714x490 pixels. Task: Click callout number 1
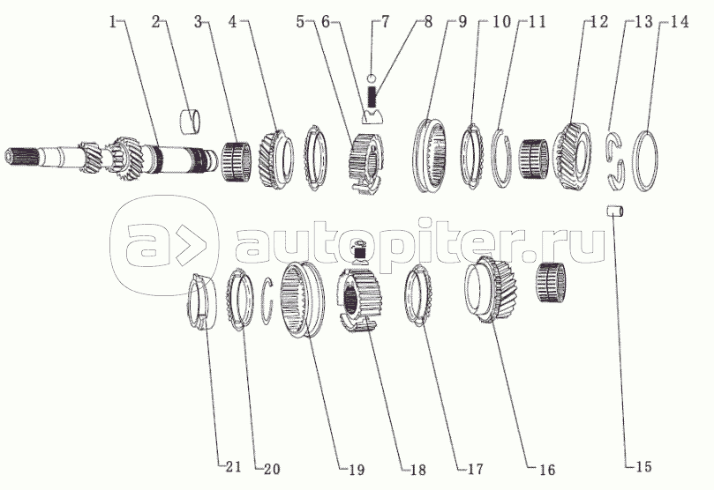pos(113,20)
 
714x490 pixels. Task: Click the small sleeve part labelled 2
pos(189,117)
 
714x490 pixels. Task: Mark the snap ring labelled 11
pos(500,156)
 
